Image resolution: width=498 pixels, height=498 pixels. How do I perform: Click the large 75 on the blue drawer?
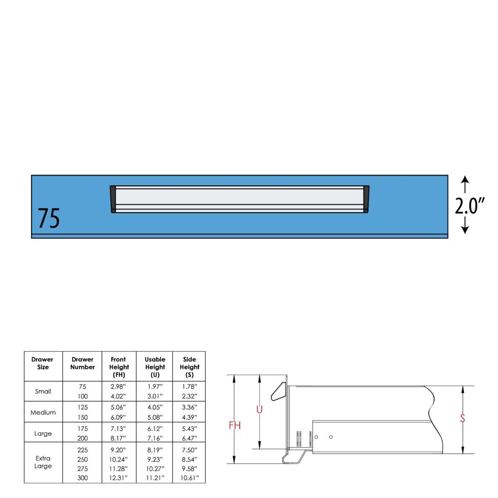[49, 218]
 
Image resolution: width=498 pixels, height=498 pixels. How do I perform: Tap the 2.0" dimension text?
[469, 206]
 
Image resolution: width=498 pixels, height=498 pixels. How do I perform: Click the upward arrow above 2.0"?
[465, 184]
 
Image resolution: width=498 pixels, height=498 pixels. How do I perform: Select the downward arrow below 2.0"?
[465, 226]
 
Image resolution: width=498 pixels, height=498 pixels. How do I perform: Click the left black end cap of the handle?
[113, 199]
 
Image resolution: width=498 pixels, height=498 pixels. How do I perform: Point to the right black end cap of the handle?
[366, 199]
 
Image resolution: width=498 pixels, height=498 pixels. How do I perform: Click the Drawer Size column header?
[43, 363]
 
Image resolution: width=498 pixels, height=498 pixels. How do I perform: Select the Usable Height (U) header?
[155, 367]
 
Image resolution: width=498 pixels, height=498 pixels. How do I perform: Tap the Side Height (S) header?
[190, 367]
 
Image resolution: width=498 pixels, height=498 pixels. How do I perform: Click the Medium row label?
[43, 412]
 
